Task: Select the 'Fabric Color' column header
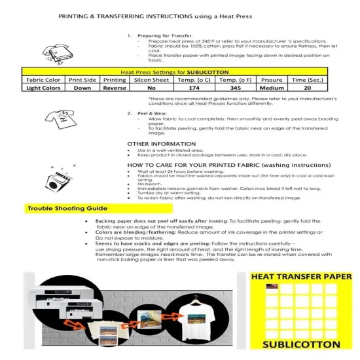click(44, 79)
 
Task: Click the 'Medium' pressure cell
click(272, 87)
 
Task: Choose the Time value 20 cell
click(307, 87)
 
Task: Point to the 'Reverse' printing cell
click(115, 87)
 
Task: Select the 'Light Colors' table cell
click(44, 87)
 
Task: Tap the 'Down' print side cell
click(82, 87)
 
